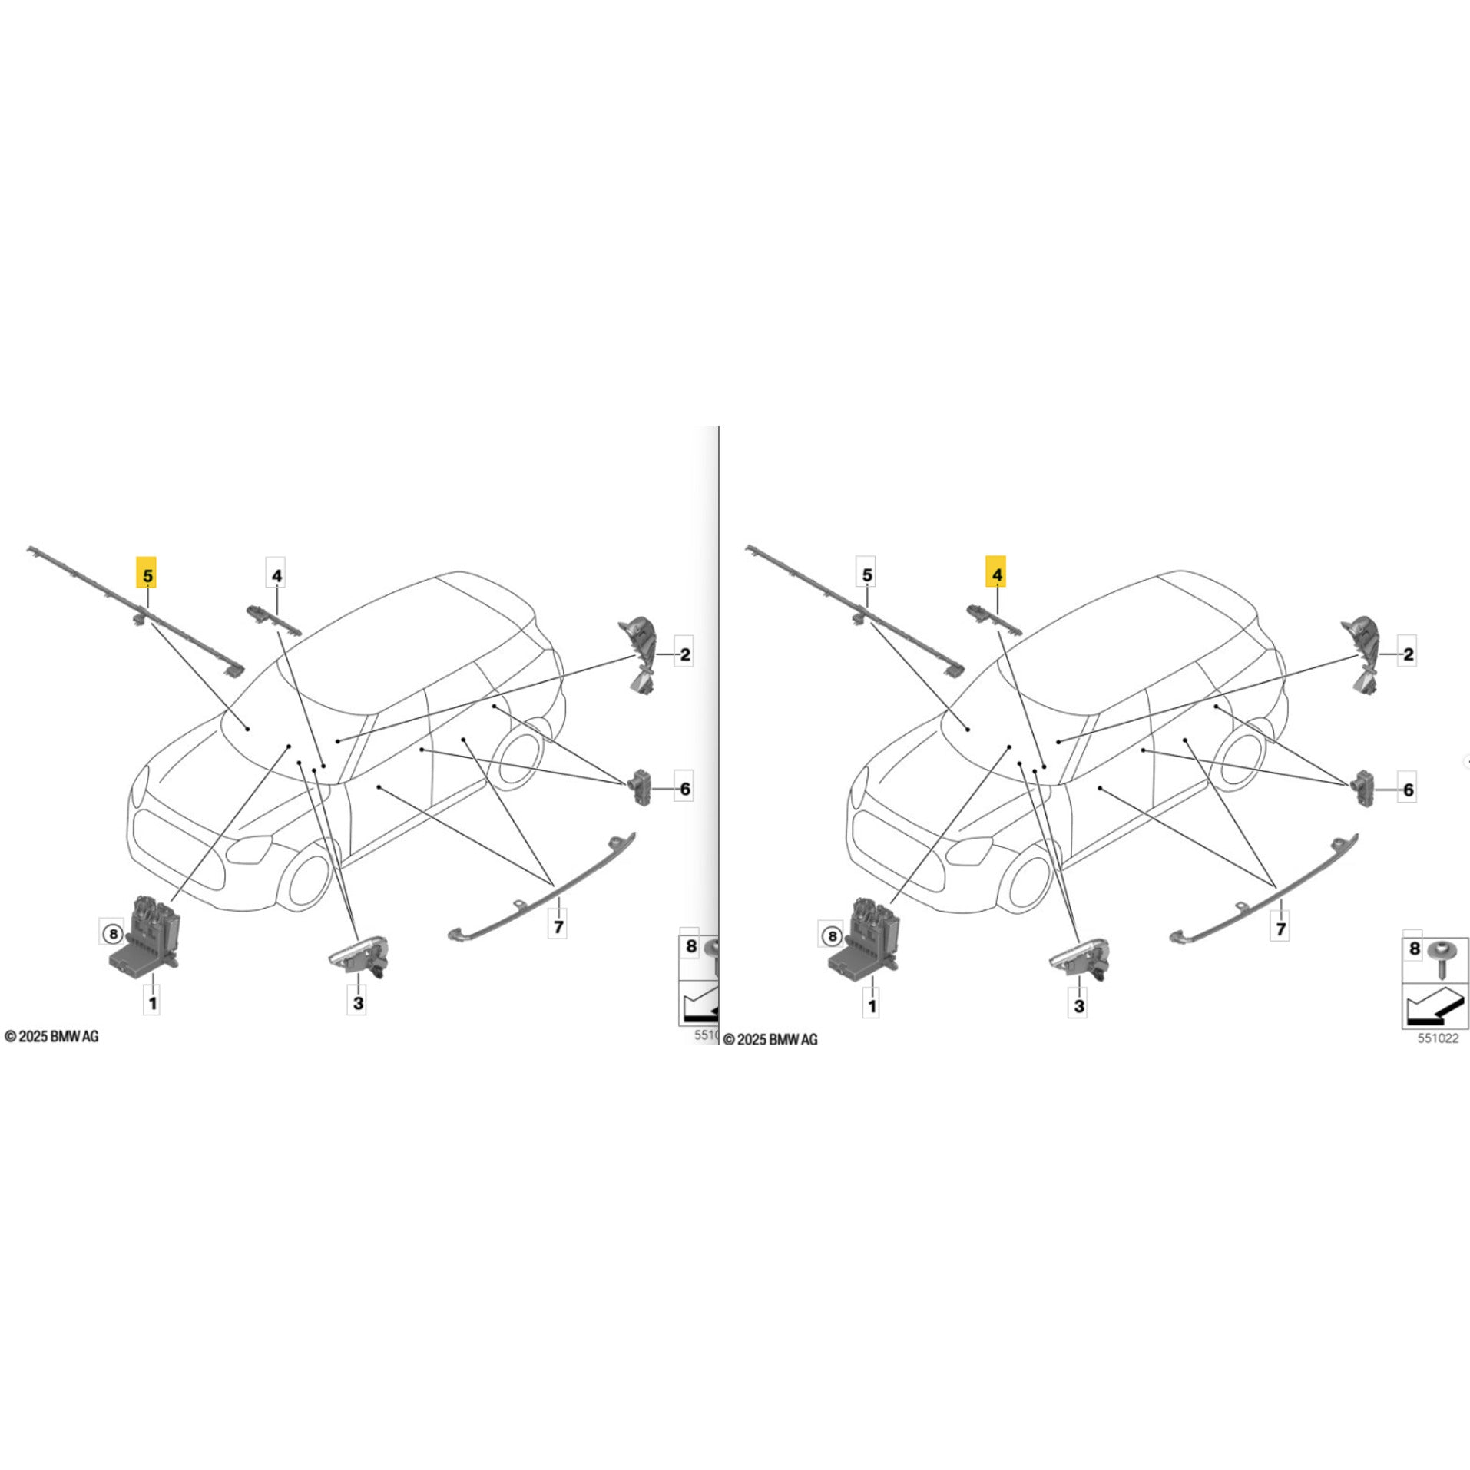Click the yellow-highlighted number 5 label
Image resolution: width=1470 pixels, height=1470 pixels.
click(x=147, y=574)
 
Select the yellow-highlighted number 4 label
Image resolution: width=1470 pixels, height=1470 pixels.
click(x=997, y=574)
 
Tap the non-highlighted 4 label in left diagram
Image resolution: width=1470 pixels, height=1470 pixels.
click(x=276, y=574)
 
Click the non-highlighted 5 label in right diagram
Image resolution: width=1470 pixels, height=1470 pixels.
click(x=867, y=574)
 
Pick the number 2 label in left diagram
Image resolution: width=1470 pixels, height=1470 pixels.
click(x=684, y=654)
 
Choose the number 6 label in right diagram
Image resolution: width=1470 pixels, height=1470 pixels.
click(x=1407, y=790)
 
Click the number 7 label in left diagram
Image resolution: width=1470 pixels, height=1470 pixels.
click(x=558, y=926)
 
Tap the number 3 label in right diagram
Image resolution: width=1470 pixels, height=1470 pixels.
click(x=1079, y=1005)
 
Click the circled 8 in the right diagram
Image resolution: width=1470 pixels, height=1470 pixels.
click(x=832, y=936)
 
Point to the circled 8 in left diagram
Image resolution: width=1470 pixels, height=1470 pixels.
click(x=112, y=934)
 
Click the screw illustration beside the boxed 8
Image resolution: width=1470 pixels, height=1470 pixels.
click(x=1441, y=958)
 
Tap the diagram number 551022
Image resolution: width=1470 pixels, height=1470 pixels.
click(x=1437, y=1038)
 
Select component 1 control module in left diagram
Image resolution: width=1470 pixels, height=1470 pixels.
click(x=144, y=939)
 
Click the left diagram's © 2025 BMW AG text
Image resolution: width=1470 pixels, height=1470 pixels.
click(x=51, y=1037)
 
